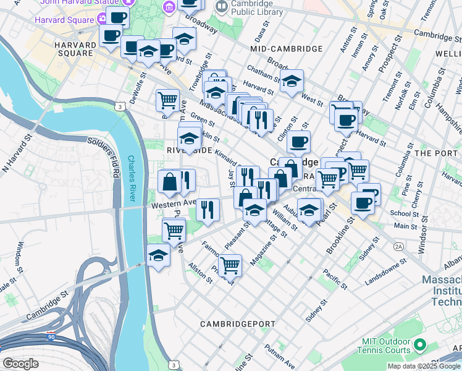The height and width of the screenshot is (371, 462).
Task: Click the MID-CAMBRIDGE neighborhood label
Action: pos(287,48)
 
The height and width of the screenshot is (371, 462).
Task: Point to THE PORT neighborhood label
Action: pos(438,153)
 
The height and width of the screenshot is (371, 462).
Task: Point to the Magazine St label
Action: pos(261,254)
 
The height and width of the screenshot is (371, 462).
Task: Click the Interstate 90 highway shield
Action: pos(52,338)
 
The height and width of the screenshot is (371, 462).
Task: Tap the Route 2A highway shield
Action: pos(398,246)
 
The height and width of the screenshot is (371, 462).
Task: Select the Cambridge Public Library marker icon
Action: pos(221,7)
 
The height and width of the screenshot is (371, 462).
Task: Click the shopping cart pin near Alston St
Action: pos(230,266)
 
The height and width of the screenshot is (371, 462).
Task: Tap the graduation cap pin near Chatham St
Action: pos(292,80)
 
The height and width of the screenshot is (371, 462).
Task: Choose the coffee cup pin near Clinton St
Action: pos(298,142)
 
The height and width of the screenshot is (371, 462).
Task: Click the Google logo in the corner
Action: pos(21,364)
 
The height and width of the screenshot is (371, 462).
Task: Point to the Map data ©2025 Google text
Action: pos(423,366)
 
